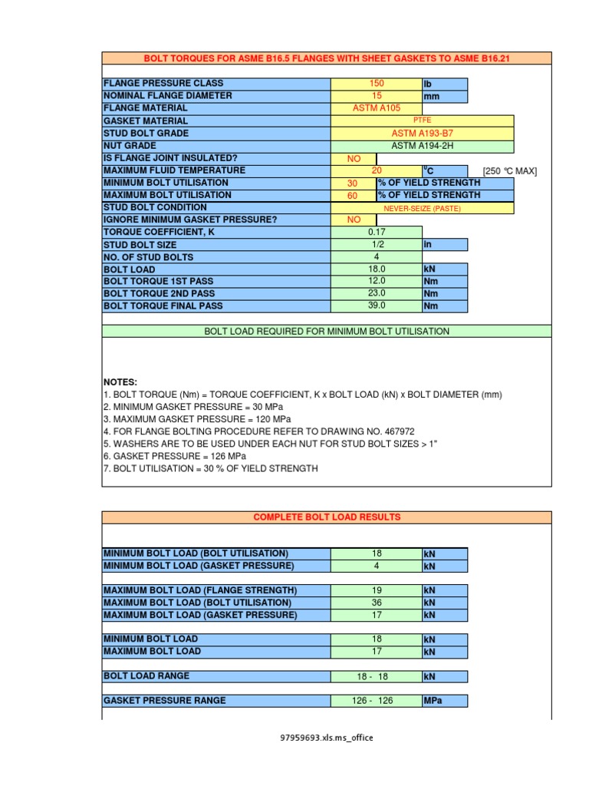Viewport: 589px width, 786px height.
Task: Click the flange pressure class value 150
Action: pos(376,83)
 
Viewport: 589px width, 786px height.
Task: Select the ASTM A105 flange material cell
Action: pos(376,108)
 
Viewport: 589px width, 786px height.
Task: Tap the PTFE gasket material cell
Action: pos(422,121)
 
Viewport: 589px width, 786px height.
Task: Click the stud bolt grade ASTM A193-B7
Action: pos(422,133)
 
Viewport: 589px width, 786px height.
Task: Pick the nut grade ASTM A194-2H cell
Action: pos(422,145)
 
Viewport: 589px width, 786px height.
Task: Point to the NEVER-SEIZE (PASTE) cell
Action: pos(422,207)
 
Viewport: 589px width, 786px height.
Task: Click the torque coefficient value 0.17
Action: pos(376,232)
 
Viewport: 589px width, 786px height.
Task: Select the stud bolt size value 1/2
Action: pos(376,244)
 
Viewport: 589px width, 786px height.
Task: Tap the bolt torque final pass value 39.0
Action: pos(376,305)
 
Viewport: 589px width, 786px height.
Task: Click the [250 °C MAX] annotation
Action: pos(509,170)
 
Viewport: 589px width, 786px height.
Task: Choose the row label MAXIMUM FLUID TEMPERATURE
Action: pos(174,170)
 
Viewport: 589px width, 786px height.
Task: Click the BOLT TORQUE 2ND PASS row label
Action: pos(159,293)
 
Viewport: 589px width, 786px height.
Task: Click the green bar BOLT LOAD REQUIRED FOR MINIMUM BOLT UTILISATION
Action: pos(327,331)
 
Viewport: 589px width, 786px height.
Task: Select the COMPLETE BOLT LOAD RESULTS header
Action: pos(327,517)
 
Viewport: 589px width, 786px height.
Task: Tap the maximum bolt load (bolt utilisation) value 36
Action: pos(376,603)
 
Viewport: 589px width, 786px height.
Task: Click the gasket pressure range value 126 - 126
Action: pos(376,701)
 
